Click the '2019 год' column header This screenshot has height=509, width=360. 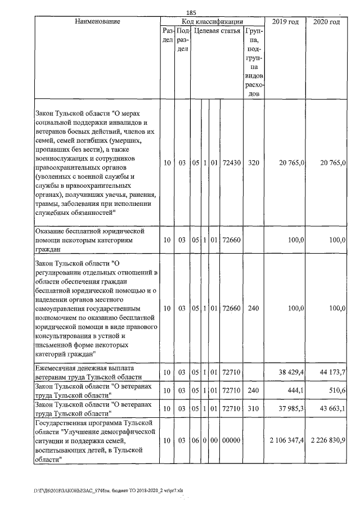coord(285,21)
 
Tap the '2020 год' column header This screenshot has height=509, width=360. coord(326,21)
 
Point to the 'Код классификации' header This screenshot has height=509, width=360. coord(213,21)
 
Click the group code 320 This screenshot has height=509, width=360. coord(254,163)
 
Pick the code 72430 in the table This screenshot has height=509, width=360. coord(232,163)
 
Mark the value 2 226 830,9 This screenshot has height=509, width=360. coord(327,439)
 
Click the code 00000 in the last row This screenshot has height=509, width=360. coord(232,439)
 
